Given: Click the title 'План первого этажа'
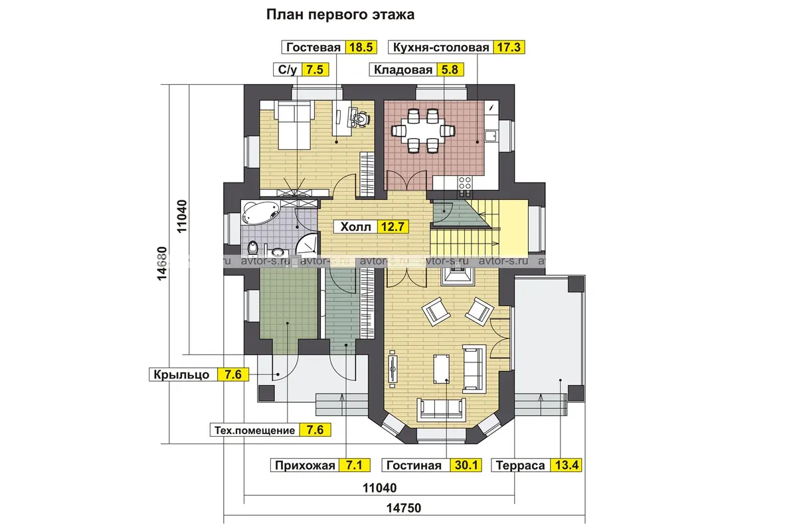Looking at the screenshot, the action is (x=340, y=15).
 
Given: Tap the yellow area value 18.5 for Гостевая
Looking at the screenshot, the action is (x=361, y=47).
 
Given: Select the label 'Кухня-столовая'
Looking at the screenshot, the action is (x=441, y=47).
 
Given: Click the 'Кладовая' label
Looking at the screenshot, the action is (x=402, y=70).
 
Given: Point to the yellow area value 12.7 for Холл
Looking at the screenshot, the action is (x=393, y=226).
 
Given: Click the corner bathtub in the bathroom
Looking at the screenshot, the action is (x=260, y=212).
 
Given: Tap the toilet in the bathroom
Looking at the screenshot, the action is (x=252, y=248).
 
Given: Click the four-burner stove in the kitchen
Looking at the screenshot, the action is (x=464, y=183).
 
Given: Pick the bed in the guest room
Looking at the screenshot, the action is (x=294, y=125).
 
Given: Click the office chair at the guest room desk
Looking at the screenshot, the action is (x=361, y=118).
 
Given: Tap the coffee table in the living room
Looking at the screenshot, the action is (x=441, y=368).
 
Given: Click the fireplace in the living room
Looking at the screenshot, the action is (x=457, y=276).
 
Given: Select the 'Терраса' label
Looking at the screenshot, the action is (x=520, y=465).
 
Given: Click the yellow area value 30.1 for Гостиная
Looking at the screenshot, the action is (x=466, y=465).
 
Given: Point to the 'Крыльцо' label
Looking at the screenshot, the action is (x=181, y=374).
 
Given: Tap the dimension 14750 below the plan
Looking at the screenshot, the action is (x=404, y=508).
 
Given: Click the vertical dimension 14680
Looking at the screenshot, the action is (x=162, y=264).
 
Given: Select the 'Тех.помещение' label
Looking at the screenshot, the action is (x=255, y=430).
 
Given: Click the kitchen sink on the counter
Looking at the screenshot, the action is (x=491, y=137).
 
